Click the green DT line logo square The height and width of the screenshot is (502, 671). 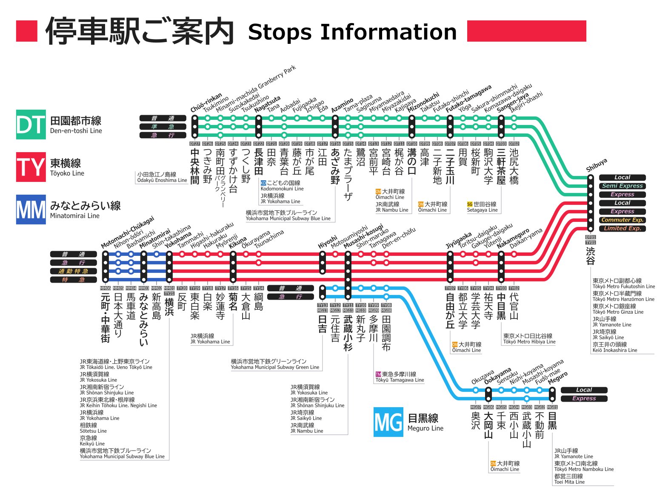click(x=31, y=125)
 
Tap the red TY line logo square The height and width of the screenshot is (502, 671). click(x=31, y=167)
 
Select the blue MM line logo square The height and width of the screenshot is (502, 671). click(x=31, y=210)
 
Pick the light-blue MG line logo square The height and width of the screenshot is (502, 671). click(x=388, y=422)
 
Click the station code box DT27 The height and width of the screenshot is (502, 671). click(x=194, y=144)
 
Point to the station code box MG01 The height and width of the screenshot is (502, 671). click(x=552, y=407)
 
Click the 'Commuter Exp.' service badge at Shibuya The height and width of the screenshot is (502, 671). click(x=622, y=220)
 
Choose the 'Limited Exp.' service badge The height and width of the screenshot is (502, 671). click(x=622, y=228)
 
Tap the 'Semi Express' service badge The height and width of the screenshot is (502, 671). click(x=622, y=186)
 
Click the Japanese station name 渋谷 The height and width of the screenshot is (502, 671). click(x=591, y=255)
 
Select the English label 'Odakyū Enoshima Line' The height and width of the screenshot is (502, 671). click(x=162, y=180)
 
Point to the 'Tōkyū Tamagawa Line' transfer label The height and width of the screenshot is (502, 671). click(x=400, y=380)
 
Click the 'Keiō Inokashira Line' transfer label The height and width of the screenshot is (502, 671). click(x=615, y=350)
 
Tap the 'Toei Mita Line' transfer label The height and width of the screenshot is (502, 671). click(x=569, y=482)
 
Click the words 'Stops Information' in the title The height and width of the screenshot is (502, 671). click(x=352, y=32)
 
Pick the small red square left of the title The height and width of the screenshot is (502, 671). click(x=27, y=31)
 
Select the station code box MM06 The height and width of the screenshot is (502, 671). click(x=105, y=288)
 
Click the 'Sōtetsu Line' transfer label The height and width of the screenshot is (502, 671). click(x=93, y=431)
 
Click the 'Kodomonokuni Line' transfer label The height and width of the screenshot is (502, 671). click(x=282, y=189)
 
